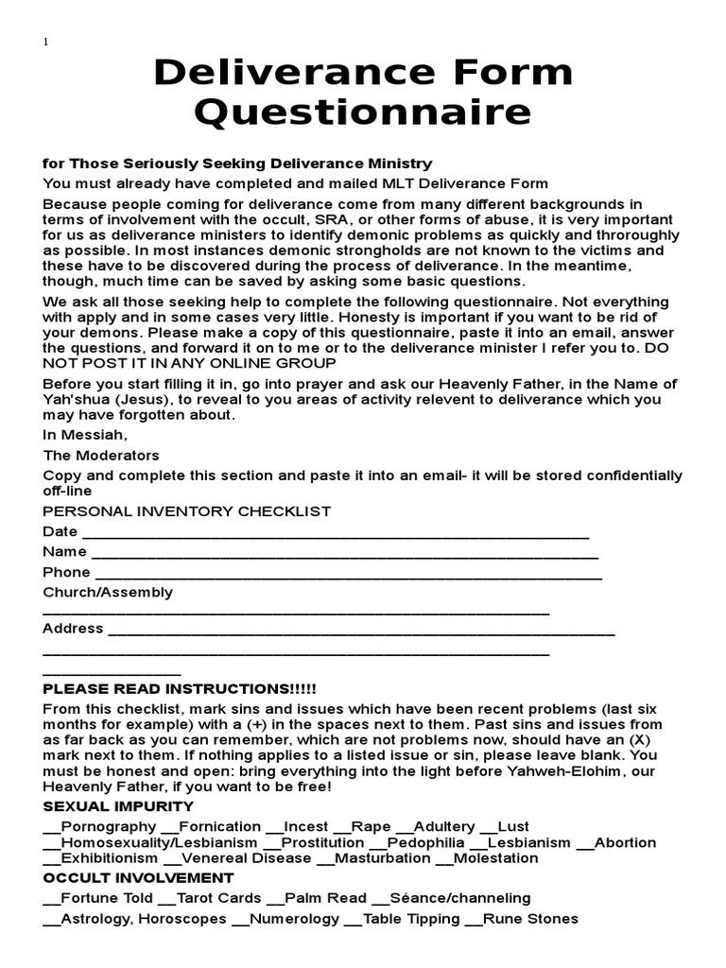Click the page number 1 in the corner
coord(45,42)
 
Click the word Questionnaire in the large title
coord(363,112)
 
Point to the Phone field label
coord(66,572)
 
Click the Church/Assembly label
coord(108,593)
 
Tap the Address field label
coord(73,629)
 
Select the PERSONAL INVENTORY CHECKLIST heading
coord(187,511)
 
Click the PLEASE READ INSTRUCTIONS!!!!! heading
coord(180,688)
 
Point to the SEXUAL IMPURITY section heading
coord(118,806)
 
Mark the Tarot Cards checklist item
coord(209,898)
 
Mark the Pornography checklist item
coord(99,827)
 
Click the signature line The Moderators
coord(101,455)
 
